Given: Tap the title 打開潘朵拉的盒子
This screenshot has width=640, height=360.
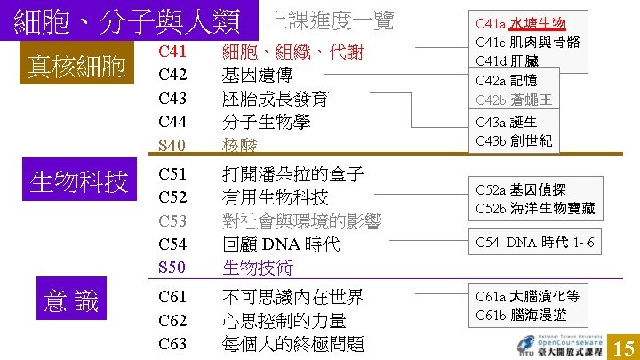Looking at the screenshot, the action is pyautogui.click(x=292, y=173).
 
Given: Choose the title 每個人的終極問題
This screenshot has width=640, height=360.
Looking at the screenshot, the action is pyautogui.click(x=292, y=343).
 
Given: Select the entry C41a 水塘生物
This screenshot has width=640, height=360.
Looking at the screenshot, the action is pyautogui.click(x=520, y=22).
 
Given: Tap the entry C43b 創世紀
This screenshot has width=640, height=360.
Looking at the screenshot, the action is pyautogui.click(x=514, y=140).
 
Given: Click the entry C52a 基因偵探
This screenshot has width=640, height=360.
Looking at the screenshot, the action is pyautogui.click(x=520, y=189).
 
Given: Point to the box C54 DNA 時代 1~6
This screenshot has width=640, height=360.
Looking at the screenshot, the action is pyautogui.click(x=535, y=243).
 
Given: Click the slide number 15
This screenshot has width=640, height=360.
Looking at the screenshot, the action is pyautogui.click(x=623, y=346).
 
